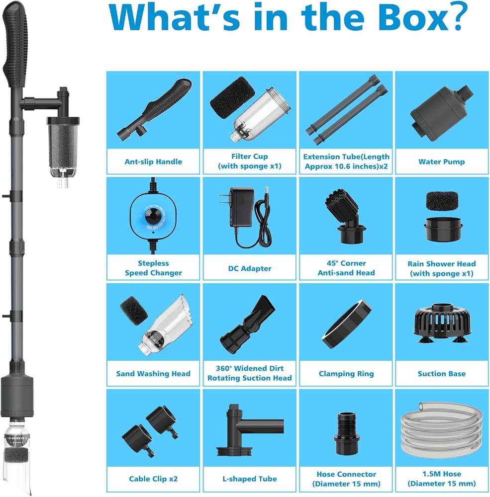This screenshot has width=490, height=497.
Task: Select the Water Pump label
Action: [x=441, y=162]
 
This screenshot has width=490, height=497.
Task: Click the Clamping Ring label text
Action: [x=346, y=374]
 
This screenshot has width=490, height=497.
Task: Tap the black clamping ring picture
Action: [x=347, y=324]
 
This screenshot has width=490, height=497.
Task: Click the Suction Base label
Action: [x=441, y=374]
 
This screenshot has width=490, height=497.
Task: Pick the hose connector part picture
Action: [x=346, y=433]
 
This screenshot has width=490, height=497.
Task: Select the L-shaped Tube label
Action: [x=249, y=479]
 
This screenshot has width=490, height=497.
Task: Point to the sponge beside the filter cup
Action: [x=232, y=98]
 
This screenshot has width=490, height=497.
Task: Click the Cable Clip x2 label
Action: [x=153, y=479]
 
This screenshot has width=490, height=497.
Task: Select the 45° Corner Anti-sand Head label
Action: [x=346, y=268]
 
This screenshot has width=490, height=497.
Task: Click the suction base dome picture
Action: [x=442, y=324]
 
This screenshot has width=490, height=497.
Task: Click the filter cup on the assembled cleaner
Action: [x=63, y=148]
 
